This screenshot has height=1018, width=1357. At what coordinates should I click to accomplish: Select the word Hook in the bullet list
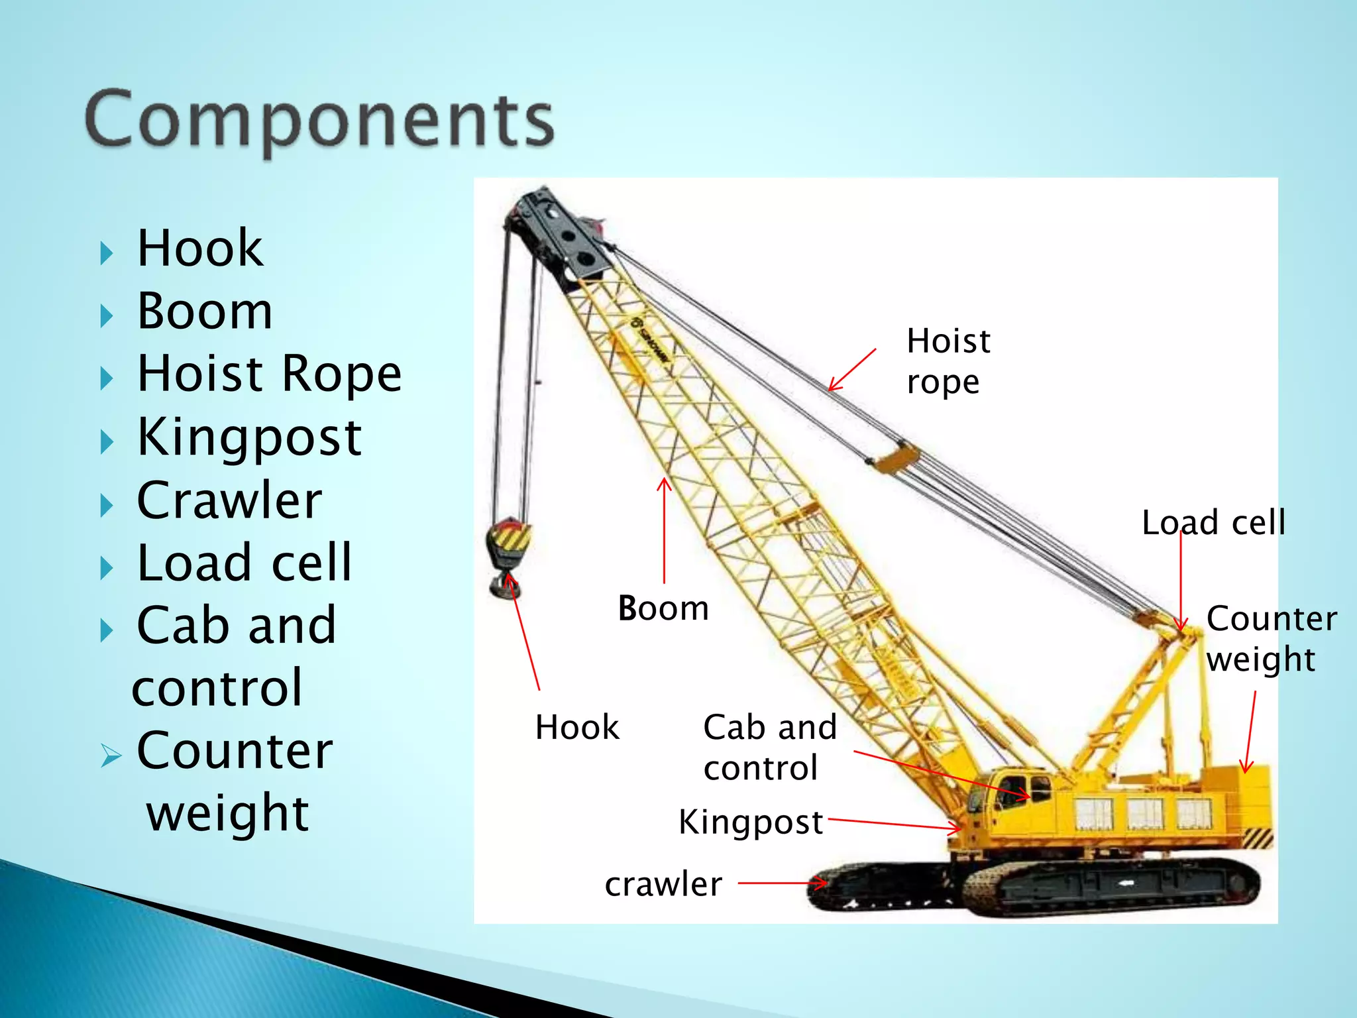point(199,249)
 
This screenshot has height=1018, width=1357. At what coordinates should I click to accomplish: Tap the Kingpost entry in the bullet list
point(248,437)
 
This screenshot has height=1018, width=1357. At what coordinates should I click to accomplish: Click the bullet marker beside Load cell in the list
point(106,568)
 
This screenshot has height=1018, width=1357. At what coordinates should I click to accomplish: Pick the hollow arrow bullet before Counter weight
point(111,755)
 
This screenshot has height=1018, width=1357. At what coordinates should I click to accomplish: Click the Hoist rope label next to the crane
point(948,361)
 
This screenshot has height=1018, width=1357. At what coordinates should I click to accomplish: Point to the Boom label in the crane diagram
point(663,608)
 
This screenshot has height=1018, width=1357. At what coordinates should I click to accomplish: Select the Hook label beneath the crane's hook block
point(576,728)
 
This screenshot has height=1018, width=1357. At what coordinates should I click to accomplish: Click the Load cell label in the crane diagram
point(1213,523)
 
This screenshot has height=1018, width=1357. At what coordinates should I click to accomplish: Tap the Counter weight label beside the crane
point(1270,638)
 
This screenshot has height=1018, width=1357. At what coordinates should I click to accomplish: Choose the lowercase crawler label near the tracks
point(663,884)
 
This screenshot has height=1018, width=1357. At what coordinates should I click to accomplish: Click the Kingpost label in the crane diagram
point(750,822)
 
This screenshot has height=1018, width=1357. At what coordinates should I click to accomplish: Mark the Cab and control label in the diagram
point(769,747)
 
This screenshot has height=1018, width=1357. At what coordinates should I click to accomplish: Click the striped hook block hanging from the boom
point(509,543)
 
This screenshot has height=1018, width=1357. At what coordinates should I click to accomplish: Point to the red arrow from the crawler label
point(783,883)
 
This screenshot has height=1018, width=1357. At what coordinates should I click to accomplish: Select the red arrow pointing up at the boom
point(664,530)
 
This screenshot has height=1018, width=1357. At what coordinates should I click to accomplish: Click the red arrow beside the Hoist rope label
point(852,370)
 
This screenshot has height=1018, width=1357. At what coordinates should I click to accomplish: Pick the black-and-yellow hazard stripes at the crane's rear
point(1257,838)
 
